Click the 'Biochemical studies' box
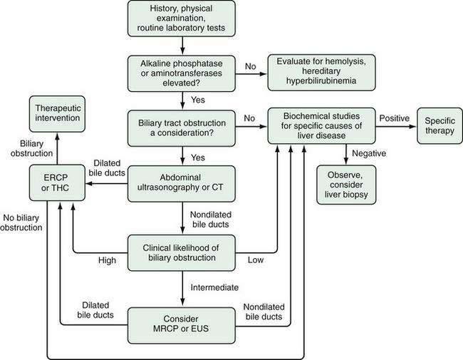(321, 125)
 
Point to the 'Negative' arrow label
(368, 152)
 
